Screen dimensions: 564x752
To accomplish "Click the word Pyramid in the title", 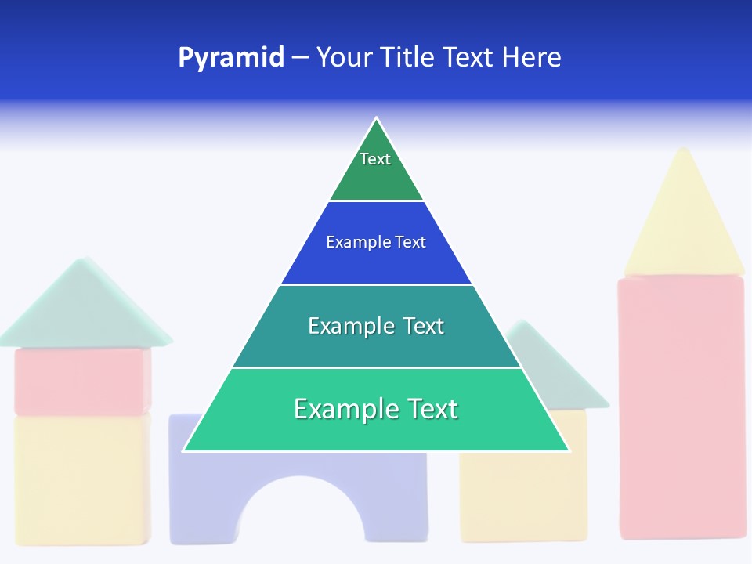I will [x=231, y=58].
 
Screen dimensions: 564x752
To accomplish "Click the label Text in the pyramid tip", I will [x=375, y=159].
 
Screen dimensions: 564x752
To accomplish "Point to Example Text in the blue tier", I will [x=376, y=242].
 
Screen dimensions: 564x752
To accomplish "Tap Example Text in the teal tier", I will [x=376, y=326].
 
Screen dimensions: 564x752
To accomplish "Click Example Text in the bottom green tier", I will [x=376, y=409].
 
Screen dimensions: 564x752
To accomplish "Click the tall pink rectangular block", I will [x=681, y=407].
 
